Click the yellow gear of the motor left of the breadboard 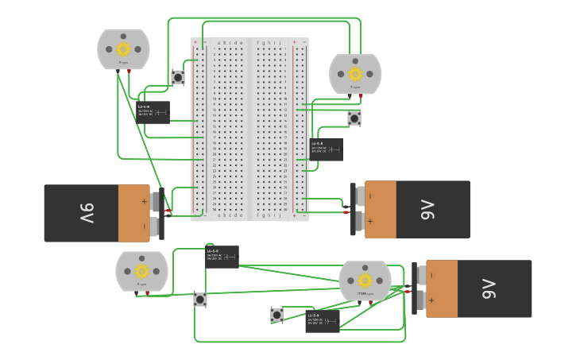123,48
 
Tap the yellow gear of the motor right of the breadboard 355,74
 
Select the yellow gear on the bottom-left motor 142,272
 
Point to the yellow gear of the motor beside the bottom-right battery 365,281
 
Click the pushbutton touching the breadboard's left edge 178,77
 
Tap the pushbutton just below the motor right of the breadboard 354,118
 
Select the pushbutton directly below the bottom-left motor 200,300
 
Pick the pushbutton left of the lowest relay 276,315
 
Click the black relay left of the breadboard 153,112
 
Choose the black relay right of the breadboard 327,149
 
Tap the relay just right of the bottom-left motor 222,257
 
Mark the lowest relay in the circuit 323,321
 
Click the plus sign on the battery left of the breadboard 144,201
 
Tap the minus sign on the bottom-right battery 431,276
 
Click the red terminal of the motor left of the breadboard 129,72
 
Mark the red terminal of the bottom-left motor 147,294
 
